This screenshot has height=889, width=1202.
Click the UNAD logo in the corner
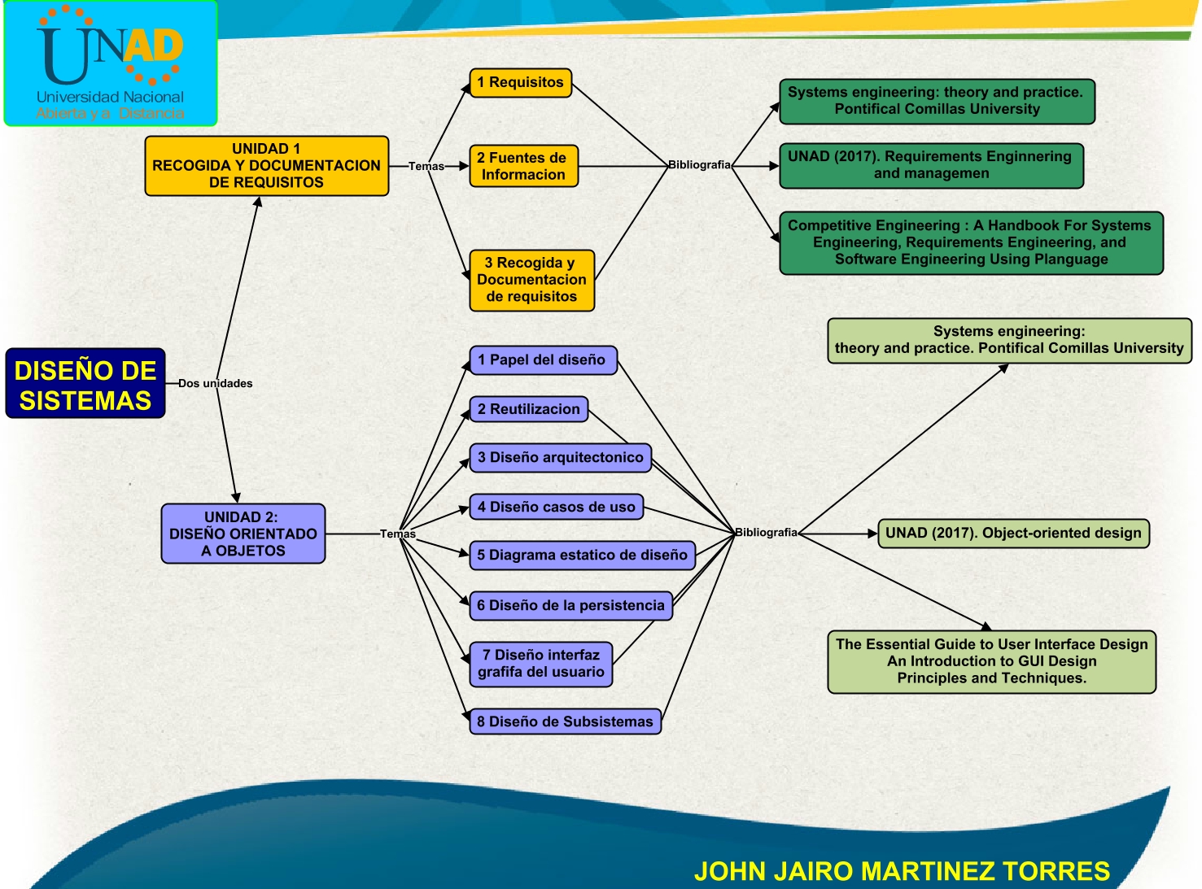[111, 63]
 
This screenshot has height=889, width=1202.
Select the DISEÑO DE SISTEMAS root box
[85, 384]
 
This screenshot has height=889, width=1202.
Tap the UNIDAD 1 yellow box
[266, 166]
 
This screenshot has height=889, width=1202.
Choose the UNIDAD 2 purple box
[243, 534]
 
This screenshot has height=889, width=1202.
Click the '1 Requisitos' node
[520, 82]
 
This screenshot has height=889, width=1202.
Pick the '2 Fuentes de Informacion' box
[523, 166]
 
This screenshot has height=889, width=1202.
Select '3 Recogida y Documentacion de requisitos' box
[531, 280]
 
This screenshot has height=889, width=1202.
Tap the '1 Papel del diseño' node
[542, 360]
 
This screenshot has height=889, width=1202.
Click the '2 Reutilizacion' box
[528, 409]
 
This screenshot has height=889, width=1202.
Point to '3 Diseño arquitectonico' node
[560, 457]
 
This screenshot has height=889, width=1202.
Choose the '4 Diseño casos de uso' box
[556, 507]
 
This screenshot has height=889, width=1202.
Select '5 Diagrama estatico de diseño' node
[582, 555]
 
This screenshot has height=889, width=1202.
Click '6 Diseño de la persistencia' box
[570, 605]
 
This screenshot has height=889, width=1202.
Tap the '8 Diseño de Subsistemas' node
[565, 721]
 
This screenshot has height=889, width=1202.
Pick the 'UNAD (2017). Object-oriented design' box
[1013, 534]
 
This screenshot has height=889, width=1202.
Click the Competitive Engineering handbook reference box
[971, 242]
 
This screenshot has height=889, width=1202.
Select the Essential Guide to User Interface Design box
[991, 661]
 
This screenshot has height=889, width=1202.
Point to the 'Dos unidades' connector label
[215, 383]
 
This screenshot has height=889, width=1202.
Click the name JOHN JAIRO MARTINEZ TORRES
[902, 871]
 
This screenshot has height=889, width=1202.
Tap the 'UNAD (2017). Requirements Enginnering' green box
[931, 165]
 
